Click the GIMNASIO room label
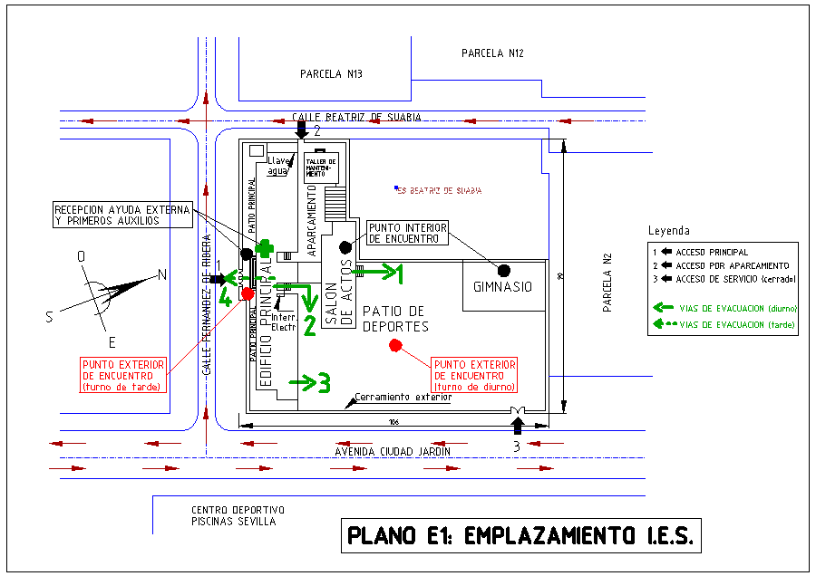[502, 287]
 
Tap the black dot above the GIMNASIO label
[504, 270]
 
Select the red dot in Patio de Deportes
[394, 345]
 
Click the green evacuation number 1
[395, 271]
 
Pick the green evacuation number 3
[323, 382]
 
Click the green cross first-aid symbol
[265, 247]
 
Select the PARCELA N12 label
[492, 53]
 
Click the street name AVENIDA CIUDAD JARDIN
[393, 451]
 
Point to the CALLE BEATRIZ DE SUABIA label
[356, 117]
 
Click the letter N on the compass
[162, 275]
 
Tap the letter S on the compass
[50, 317]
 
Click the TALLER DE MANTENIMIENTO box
[321, 167]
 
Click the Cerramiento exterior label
[403, 397]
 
